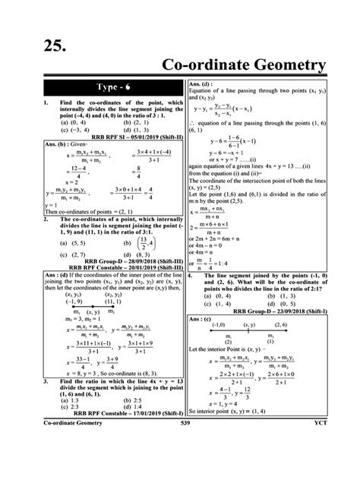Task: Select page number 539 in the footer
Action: [179, 465]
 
